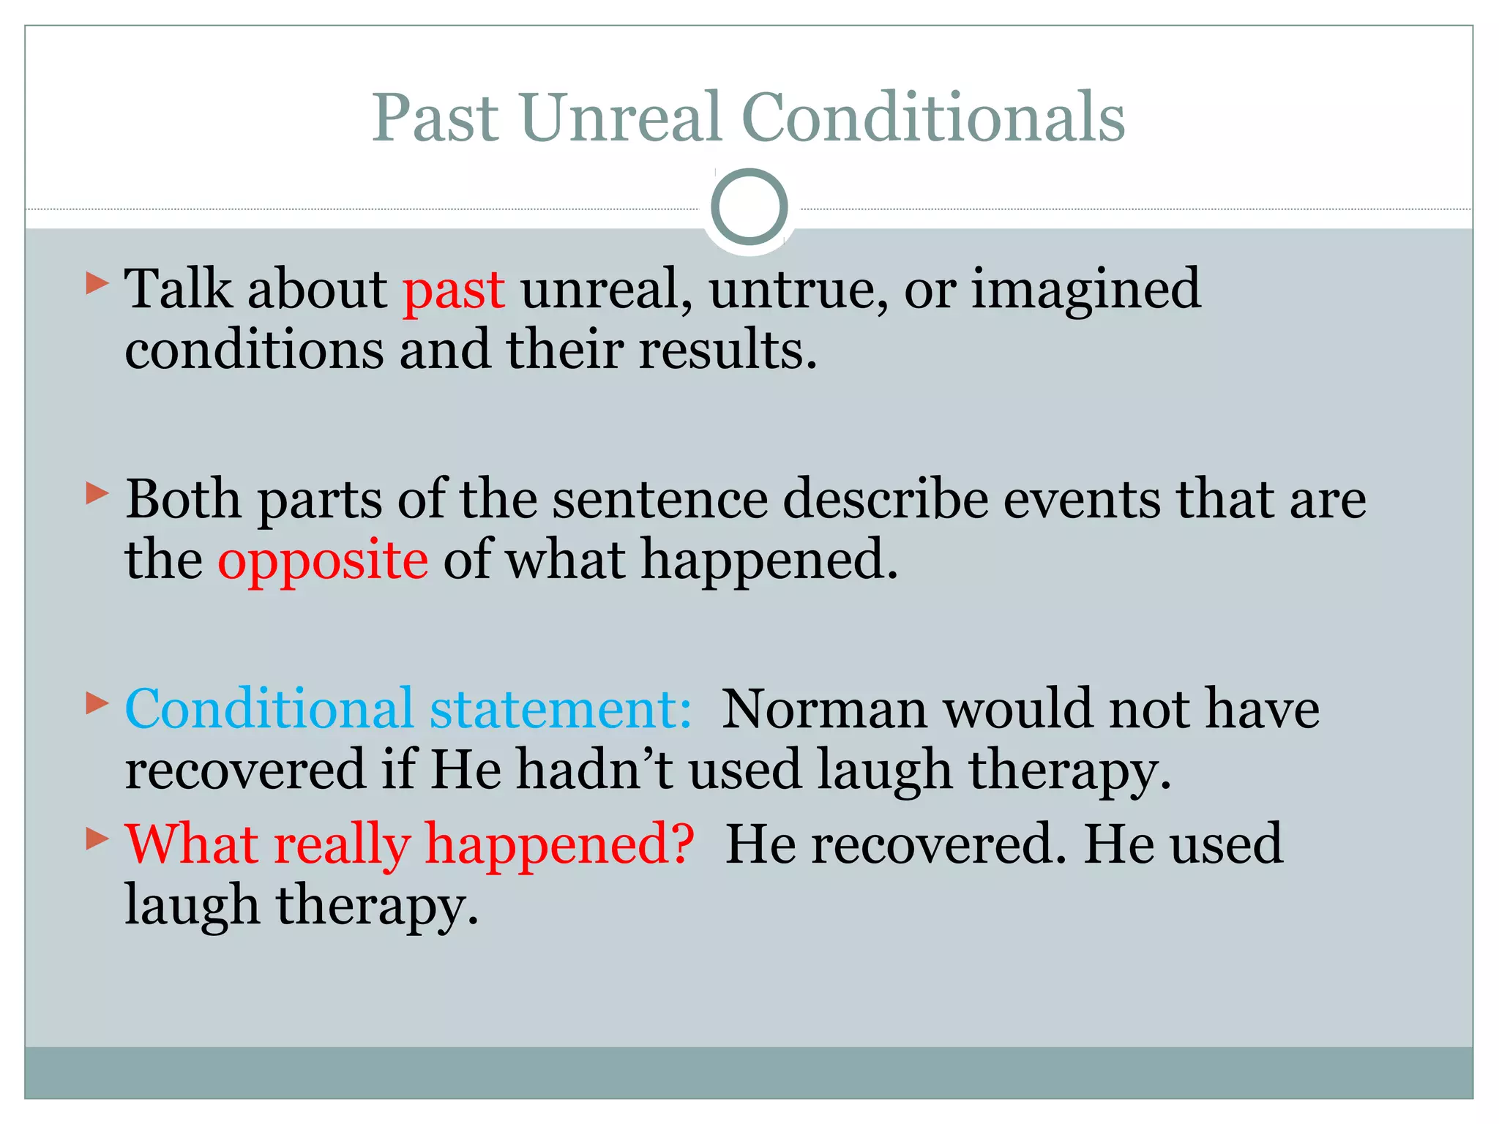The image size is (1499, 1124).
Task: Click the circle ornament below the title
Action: click(x=749, y=207)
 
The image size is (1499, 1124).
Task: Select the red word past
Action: click(x=453, y=291)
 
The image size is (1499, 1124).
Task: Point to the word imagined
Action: click(x=1085, y=291)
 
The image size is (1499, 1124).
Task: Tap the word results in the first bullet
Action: click(x=727, y=350)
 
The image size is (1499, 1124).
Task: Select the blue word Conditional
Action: click(x=269, y=709)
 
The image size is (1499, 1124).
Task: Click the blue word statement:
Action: click(x=561, y=709)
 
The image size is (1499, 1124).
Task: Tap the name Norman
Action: click(x=824, y=709)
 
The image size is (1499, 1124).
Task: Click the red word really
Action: click(x=341, y=844)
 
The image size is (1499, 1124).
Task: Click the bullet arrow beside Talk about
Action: click(x=97, y=283)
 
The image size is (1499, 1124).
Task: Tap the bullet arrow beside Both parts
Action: click(x=97, y=493)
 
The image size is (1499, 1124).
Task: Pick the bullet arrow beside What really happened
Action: click(x=97, y=838)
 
